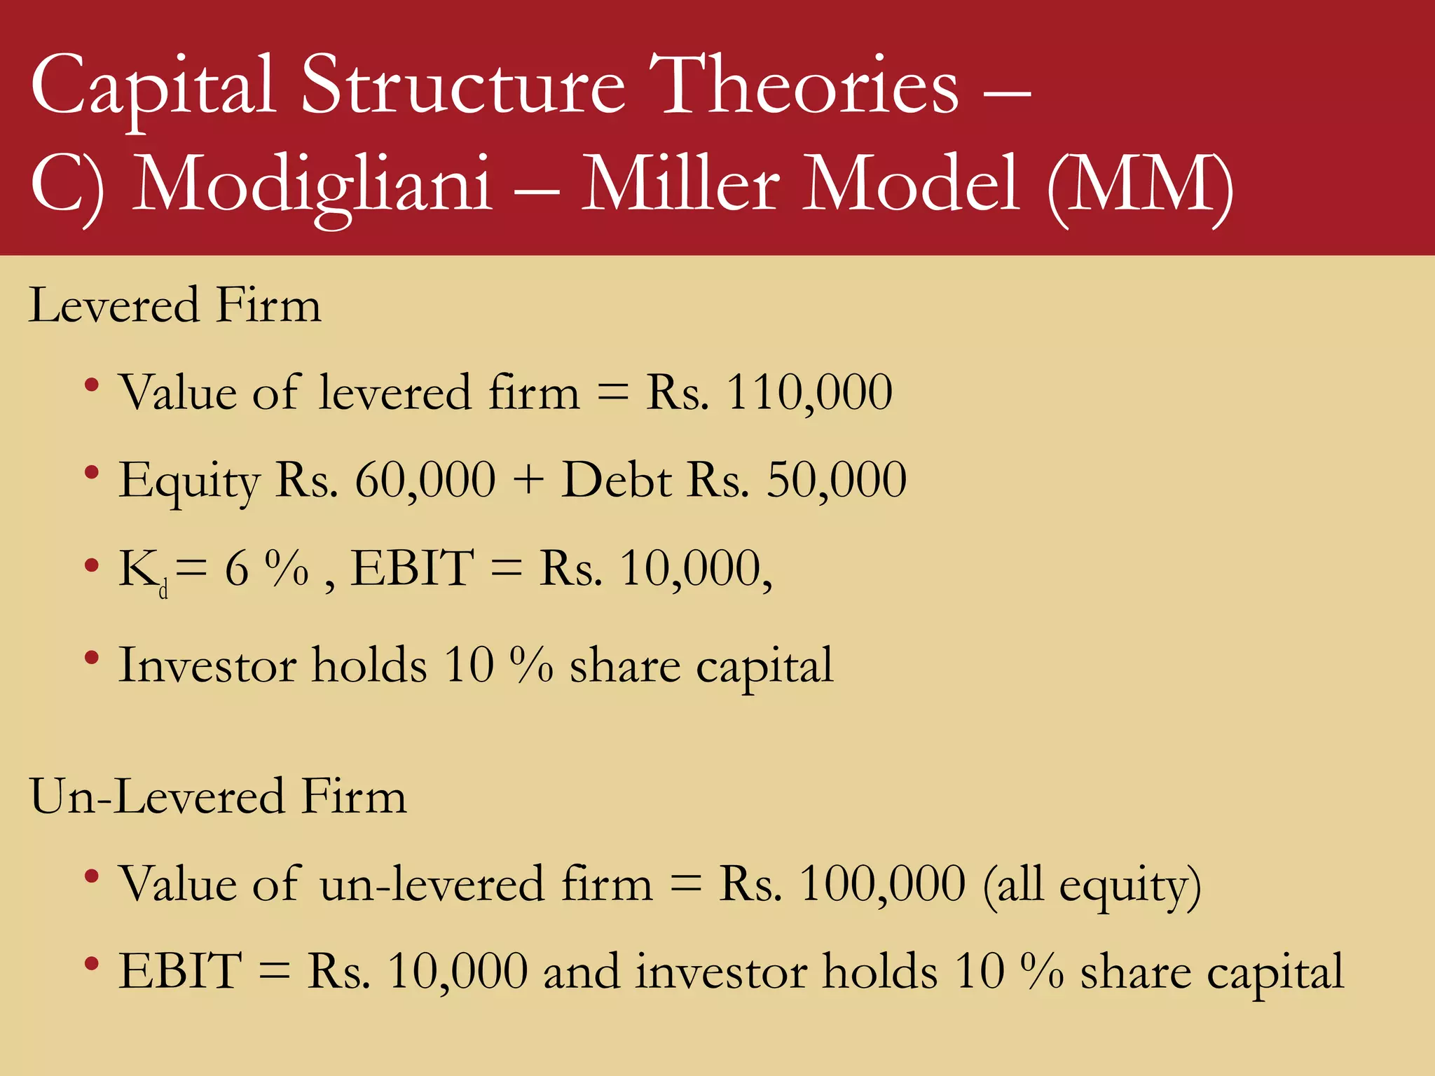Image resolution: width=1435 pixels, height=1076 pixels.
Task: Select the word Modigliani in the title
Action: click(x=313, y=186)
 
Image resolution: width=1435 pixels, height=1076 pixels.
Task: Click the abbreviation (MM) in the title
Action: click(x=1140, y=186)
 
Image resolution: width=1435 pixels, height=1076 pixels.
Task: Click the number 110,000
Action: click(x=809, y=392)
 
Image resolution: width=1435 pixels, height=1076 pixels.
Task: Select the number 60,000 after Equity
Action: click(x=425, y=481)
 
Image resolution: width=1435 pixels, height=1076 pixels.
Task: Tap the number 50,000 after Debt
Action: click(x=837, y=481)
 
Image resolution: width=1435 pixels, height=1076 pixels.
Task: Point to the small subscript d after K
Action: click(x=163, y=592)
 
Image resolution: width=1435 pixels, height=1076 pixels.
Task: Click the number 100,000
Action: click(x=882, y=884)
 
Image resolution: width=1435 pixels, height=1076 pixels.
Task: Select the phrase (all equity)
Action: click(x=1092, y=886)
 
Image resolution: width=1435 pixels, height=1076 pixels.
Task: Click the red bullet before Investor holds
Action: click(x=91, y=658)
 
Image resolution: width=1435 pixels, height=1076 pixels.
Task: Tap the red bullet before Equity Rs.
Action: click(x=91, y=473)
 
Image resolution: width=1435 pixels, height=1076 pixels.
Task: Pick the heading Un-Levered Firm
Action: click(x=218, y=797)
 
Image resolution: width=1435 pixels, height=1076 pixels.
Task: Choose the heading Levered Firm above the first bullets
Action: click(x=175, y=305)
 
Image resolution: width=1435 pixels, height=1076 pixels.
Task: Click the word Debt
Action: click(x=617, y=481)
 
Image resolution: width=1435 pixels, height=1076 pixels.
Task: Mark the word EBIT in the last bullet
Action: click(x=180, y=972)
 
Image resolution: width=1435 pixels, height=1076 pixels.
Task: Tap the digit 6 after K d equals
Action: click(x=237, y=569)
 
